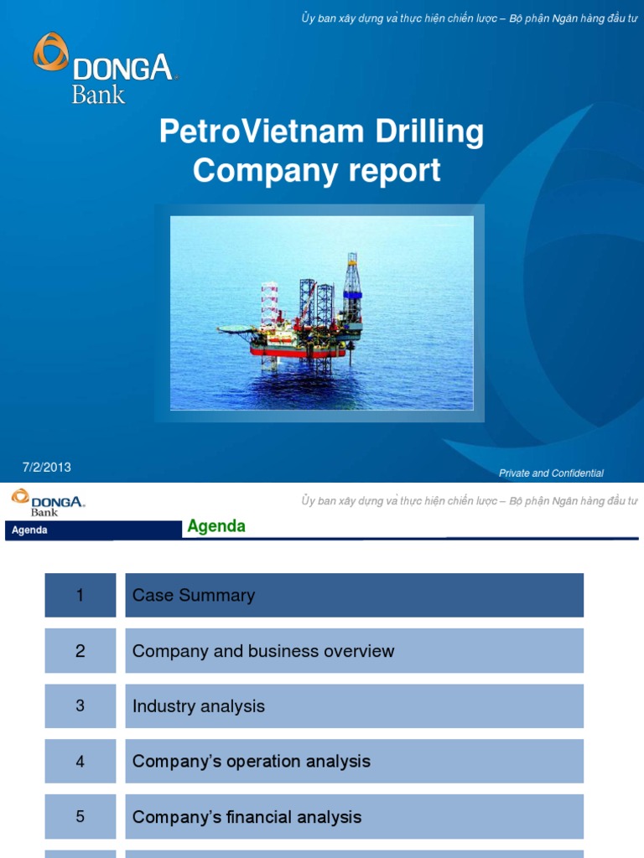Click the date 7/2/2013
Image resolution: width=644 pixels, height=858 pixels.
point(46,467)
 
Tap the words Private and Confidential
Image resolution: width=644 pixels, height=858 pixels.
point(551,473)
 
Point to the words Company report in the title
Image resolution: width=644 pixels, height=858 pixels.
point(316,171)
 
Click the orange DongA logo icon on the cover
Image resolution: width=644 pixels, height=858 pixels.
point(50,51)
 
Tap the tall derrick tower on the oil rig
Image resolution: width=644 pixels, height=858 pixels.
point(352,289)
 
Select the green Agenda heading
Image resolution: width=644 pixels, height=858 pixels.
point(216,526)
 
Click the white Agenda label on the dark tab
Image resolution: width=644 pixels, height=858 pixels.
point(29,530)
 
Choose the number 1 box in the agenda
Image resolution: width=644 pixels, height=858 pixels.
point(80,596)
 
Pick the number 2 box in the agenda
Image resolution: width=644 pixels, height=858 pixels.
point(80,651)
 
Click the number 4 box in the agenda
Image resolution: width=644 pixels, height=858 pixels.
point(80,762)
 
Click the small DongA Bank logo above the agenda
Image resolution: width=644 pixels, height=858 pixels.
point(48,503)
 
